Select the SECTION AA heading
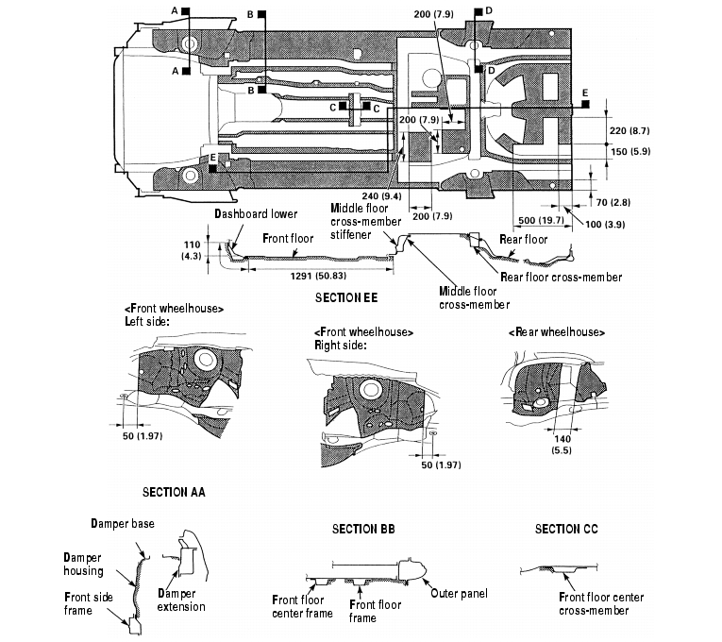pos(174,492)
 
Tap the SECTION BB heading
pos(363,529)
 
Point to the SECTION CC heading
pos(566,529)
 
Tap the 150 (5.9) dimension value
pos(630,151)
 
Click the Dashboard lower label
pos(256,213)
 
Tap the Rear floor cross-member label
pos(562,277)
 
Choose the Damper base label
pos(123,522)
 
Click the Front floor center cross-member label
pos(601,603)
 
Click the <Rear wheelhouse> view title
pos(556,332)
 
